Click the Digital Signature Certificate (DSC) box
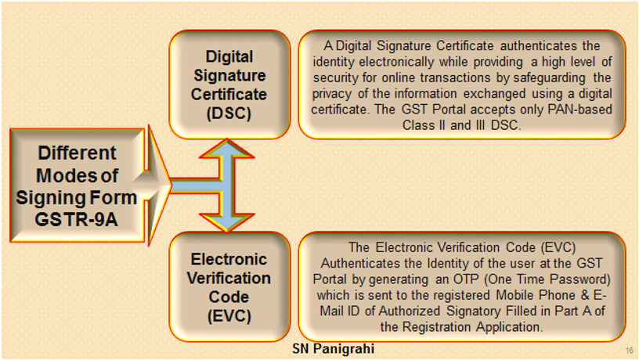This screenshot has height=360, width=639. tap(229, 85)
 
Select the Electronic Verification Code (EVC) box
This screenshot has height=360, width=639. tap(229, 286)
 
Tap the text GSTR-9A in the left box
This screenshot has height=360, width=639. tap(76, 219)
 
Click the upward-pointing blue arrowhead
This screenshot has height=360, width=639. tap(227, 149)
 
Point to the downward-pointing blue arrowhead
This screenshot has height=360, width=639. tap(227, 223)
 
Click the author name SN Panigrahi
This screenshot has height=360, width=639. tap(333, 348)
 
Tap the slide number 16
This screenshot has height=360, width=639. tap(630, 351)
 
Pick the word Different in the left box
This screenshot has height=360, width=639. tap(77, 153)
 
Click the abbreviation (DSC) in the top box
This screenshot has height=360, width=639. tap(229, 113)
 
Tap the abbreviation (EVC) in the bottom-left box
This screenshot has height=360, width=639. tap(229, 316)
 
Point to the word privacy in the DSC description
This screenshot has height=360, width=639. tap(332, 94)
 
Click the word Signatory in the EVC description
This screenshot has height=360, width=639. tap(474, 311)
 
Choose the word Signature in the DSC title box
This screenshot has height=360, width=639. tap(229, 76)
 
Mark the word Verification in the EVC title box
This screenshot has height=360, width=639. tap(229, 278)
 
